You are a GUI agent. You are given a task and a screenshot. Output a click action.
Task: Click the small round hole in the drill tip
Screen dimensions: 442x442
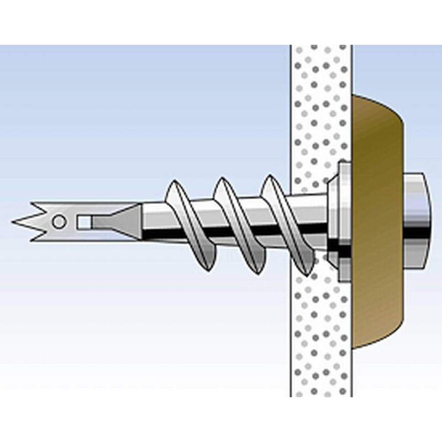click(59, 222)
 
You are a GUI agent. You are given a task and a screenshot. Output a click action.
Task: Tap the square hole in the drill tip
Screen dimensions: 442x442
click(84, 222)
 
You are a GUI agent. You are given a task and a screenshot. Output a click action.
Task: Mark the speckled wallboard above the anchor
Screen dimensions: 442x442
click(320, 99)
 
